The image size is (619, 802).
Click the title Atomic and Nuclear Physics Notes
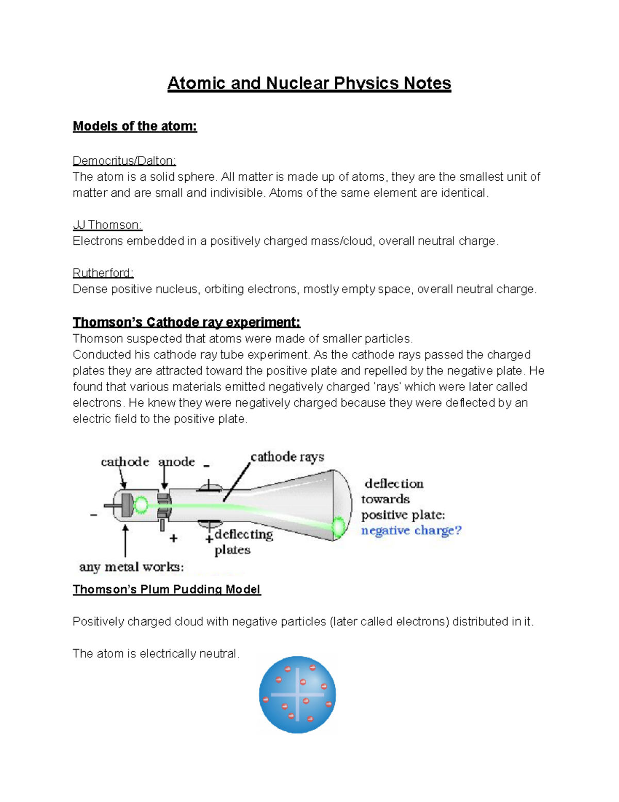pyautogui.click(x=309, y=83)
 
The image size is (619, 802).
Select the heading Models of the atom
pyautogui.click(x=135, y=126)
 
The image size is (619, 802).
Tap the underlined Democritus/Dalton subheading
pyautogui.click(x=124, y=161)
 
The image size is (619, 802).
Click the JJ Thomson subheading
pyautogui.click(x=107, y=225)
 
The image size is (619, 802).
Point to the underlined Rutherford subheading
pyautogui.click(x=103, y=273)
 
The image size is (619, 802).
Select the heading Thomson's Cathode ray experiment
pyautogui.click(x=186, y=322)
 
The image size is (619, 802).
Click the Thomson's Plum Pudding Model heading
pyautogui.click(x=167, y=589)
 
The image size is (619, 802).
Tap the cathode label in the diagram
pyautogui.click(x=124, y=461)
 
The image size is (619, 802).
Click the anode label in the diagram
pyautogui.click(x=176, y=461)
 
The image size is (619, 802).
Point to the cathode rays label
pyautogui.click(x=287, y=457)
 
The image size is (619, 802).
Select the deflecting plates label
pyautogui.click(x=243, y=541)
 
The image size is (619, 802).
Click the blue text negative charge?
pyautogui.click(x=411, y=530)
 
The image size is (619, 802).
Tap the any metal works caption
pyautogui.click(x=131, y=567)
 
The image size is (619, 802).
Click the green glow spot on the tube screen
pyautogui.click(x=339, y=527)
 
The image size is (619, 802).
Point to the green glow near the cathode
pyautogui.click(x=140, y=505)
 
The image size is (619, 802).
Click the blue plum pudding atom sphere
pyautogui.click(x=298, y=695)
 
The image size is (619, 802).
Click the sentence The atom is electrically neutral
pyautogui.click(x=156, y=654)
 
